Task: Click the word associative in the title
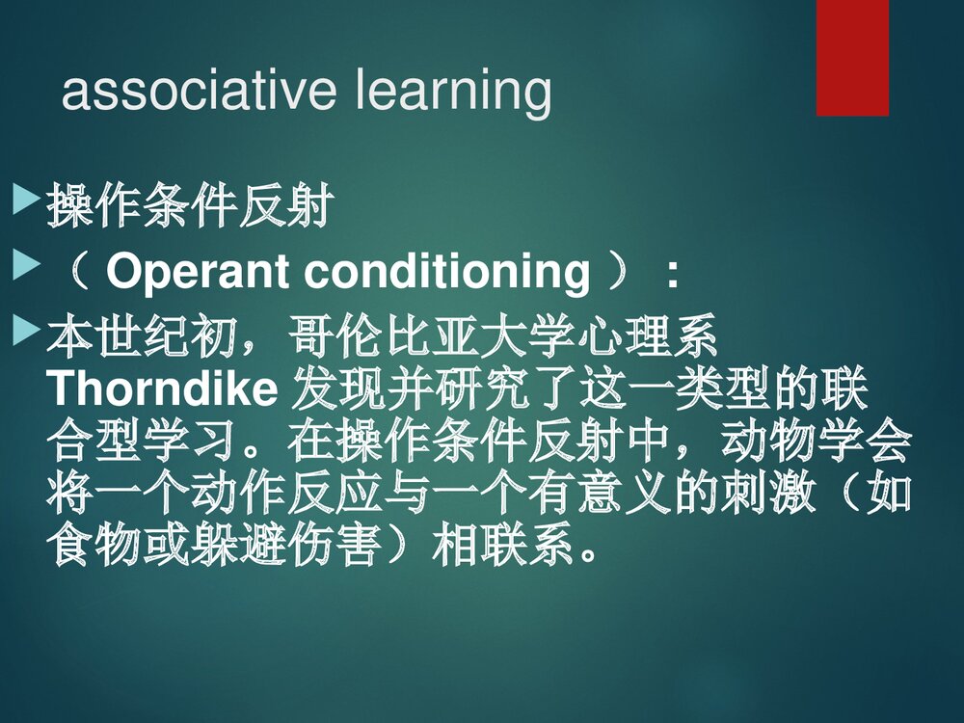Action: point(198,92)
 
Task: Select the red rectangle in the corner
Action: point(852,58)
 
